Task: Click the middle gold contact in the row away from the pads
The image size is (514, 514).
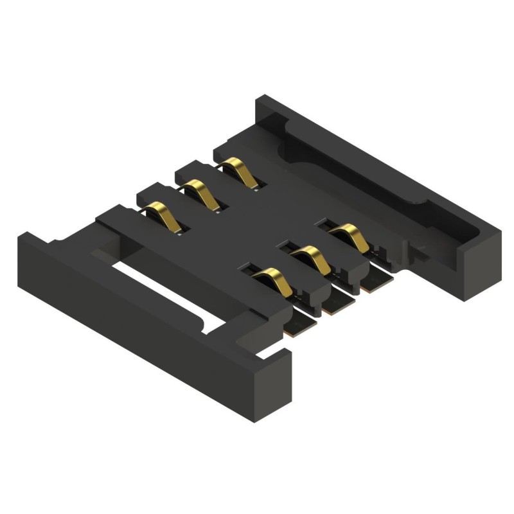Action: tap(201, 194)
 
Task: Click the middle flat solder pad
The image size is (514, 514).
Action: tap(338, 304)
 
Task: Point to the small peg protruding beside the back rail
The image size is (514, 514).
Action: tap(420, 248)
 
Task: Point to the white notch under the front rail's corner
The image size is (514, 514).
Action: tap(270, 351)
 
